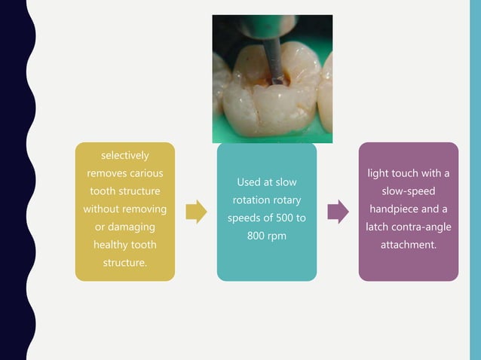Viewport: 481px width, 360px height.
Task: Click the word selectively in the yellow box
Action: point(124,156)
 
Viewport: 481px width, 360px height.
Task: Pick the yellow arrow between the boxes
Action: point(195,212)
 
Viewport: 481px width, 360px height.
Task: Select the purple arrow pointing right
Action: point(338,212)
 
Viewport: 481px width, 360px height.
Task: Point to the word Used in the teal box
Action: point(250,182)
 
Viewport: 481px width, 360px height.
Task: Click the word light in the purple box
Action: point(381,174)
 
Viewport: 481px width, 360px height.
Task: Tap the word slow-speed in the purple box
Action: point(408,191)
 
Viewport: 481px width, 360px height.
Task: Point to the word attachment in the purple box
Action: point(408,245)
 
